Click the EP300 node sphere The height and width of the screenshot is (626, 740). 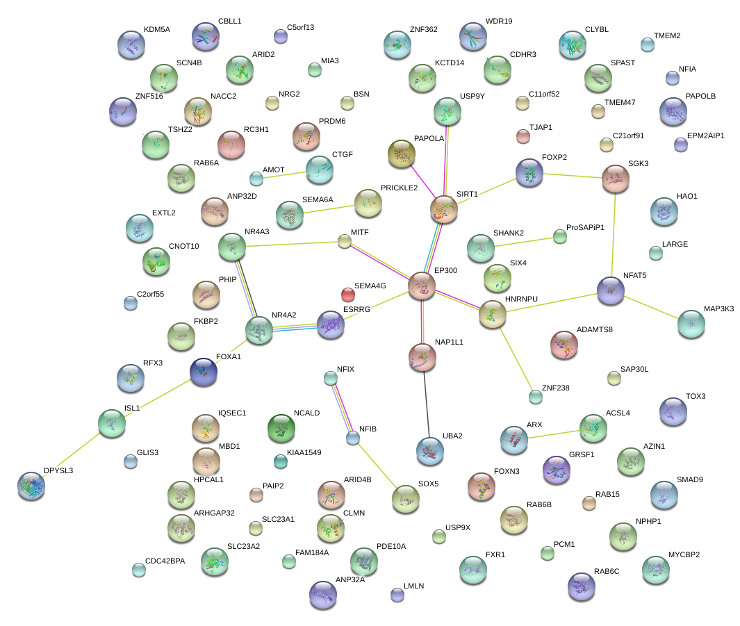(x=421, y=286)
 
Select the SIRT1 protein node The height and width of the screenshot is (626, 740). (x=444, y=209)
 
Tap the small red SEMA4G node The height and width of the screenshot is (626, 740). (x=348, y=294)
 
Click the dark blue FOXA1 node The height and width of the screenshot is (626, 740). (x=203, y=372)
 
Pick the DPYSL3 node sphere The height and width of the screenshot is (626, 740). (x=31, y=486)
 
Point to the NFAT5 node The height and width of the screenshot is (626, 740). (x=611, y=290)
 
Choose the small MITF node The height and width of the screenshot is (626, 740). (x=345, y=241)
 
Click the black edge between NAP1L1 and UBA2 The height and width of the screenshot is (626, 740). (x=426, y=403)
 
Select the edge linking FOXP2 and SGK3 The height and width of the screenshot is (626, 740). (x=573, y=175)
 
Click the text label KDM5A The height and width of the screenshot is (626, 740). (x=156, y=30)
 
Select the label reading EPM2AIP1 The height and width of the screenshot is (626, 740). (x=705, y=135)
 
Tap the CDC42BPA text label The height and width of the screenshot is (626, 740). (x=165, y=561)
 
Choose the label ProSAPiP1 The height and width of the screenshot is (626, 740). (x=585, y=227)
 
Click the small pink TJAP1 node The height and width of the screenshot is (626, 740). (x=523, y=136)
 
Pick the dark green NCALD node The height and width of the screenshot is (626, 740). (x=281, y=428)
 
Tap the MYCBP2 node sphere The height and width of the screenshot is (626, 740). (x=655, y=568)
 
